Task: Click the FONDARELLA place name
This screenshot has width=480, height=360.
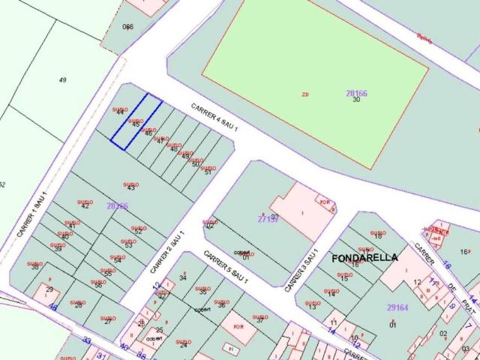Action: tap(364, 257)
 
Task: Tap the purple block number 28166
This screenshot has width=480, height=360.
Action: tap(356, 93)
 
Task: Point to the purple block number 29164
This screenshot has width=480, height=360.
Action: tap(397, 308)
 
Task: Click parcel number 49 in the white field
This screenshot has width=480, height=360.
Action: tap(62, 79)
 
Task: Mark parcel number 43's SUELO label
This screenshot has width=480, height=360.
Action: tap(131, 181)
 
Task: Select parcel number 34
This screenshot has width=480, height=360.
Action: tap(182, 277)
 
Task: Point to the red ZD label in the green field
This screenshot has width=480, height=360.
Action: tap(304, 94)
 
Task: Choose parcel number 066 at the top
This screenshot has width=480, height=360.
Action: tap(127, 27)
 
